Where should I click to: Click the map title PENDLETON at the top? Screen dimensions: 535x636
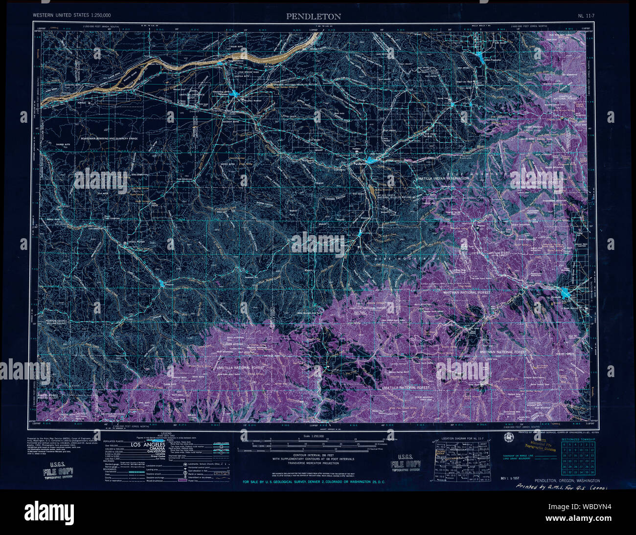(x=314, y=17)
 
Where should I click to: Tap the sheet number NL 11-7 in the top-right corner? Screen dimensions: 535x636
(x=586, y=16)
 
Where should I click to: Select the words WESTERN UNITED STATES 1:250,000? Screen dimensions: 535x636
(x=71, y=16)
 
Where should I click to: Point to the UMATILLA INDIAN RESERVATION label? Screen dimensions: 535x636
(x=442, y=178)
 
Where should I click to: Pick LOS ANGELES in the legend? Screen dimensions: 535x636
(x=151, y=446)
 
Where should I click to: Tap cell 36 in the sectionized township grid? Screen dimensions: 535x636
(x=592, y=472)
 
